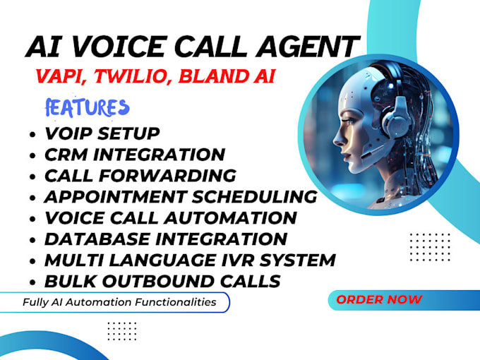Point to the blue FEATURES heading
coord(87,107)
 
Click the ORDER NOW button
coord(379,299)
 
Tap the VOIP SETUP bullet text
coord(102,133)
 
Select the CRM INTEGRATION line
coord(134,155)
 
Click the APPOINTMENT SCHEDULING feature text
coord(180,196)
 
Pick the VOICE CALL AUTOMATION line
coord(170,217)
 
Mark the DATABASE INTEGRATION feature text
coord(165,239)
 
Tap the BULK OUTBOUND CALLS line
coord(162,281)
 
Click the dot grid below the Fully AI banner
coord(121,330)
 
